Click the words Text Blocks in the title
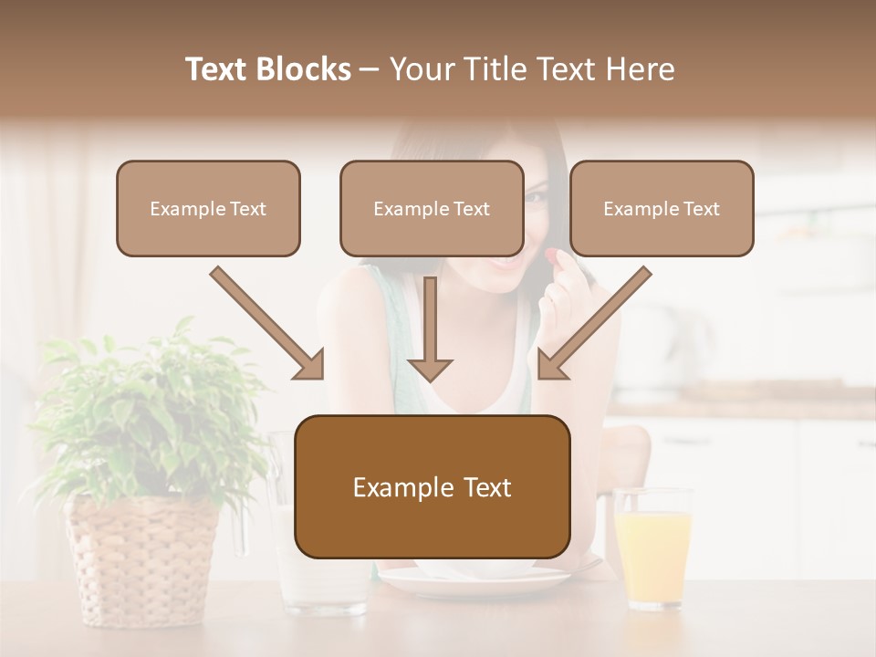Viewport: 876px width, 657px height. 267,69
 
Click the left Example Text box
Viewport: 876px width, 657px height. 208,208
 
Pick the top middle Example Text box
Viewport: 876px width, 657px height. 432,208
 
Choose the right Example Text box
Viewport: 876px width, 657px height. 662,208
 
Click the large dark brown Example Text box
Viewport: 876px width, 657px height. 433,487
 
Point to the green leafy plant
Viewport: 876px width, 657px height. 146,411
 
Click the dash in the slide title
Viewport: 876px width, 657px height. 370,69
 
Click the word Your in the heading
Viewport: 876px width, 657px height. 422,69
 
